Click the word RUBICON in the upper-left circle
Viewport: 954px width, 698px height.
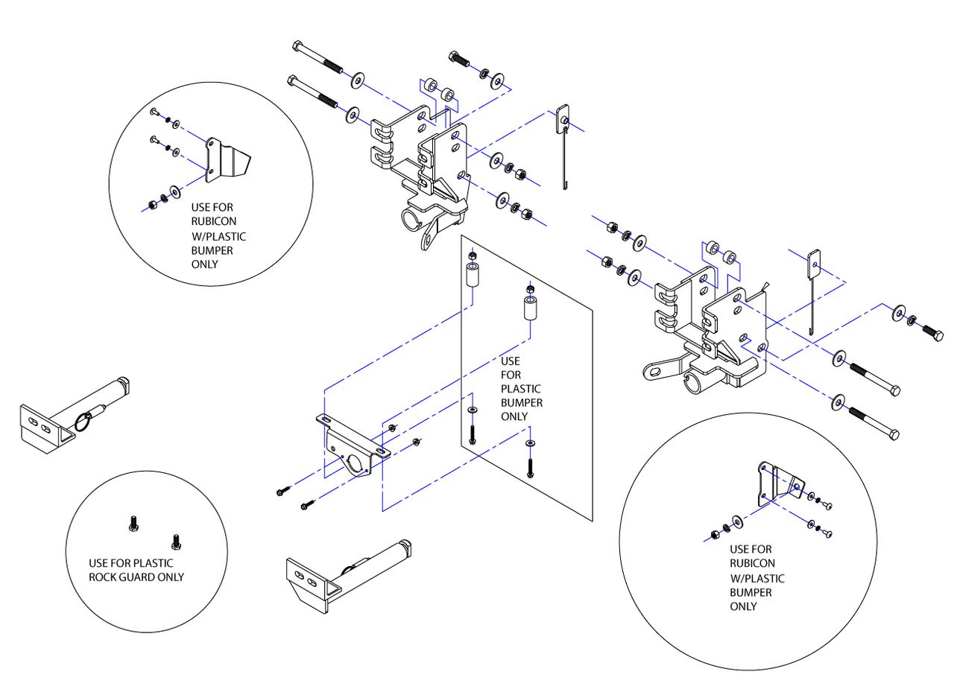213,221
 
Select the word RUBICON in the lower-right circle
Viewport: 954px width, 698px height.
752,563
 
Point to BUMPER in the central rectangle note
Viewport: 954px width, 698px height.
521,402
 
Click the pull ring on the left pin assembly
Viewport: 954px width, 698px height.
84,422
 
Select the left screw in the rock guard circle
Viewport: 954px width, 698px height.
133,523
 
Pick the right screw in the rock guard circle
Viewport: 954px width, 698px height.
176,542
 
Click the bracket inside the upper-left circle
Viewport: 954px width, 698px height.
228,159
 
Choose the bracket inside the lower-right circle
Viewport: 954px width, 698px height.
780,484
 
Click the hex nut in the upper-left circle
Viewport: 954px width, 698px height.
151,205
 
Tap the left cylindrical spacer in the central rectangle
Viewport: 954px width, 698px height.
473,275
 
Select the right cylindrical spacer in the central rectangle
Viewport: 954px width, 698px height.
530,308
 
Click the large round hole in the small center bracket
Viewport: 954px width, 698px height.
354,462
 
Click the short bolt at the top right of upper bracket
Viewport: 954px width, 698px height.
459,59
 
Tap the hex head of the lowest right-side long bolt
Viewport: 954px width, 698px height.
894,434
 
